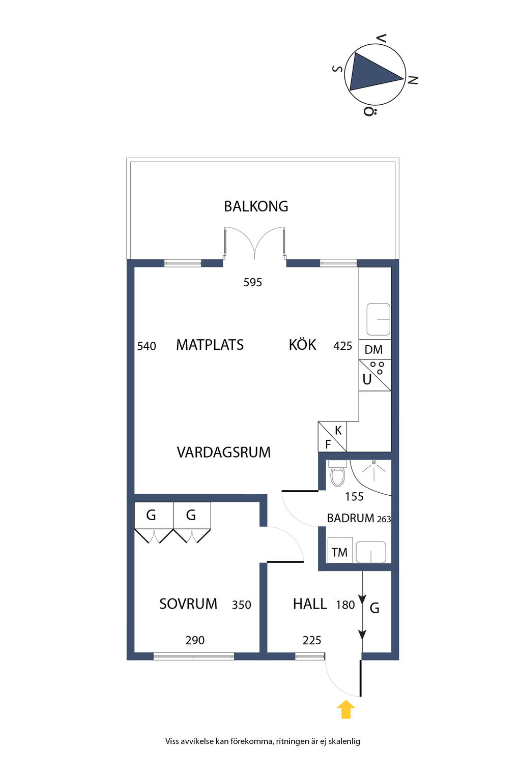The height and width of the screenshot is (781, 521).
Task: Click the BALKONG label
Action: tap(256, 206)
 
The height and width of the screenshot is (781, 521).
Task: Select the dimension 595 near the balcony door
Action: tap(253, 282)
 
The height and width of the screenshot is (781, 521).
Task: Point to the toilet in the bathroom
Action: tap(337, 473)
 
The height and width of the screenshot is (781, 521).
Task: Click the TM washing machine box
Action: tap(339, 550)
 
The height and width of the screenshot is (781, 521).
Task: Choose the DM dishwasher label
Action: tap(373, 350)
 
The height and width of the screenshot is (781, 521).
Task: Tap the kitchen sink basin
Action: tap(378, 319)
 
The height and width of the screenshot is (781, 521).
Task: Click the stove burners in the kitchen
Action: tap(378, 367)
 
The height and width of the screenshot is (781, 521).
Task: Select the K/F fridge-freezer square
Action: tap(332, 437)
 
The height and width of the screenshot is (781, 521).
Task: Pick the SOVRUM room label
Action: tap(188, 604)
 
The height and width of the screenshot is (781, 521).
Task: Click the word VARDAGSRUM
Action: tap(224, 452)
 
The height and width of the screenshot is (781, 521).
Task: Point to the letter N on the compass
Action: tap(413, 80)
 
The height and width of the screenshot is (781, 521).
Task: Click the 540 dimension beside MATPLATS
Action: tap(147, 346)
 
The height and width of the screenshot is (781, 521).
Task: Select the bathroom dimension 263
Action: tap(384, 519)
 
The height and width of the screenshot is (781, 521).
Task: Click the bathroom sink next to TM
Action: tap(371, 552)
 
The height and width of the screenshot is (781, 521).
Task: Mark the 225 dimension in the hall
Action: tap(311, 640)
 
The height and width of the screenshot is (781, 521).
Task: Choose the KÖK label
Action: tap(302, 344)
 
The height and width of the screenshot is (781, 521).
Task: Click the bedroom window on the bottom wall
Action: tap(194, 656)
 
